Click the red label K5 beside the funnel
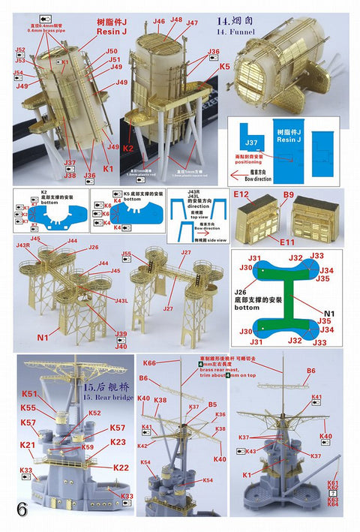pos(224,67)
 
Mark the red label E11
pos(287,242)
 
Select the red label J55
pos(127,254)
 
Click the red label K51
pos(29,394)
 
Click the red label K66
pos(149,363)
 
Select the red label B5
pos(212,404)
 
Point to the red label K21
pos(28,445)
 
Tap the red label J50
pos(112,51)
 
